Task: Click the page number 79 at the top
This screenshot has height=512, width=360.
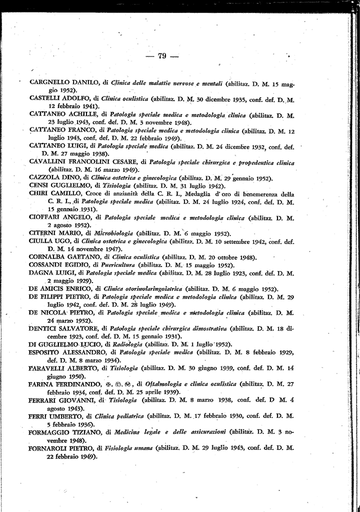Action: tap(161, 56)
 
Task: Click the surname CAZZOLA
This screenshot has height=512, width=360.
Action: tap(44, 178)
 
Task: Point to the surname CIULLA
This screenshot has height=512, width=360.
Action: tap(42, 241)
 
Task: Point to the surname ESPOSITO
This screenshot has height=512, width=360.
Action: tap(47, 352)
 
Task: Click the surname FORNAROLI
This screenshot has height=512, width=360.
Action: tap(51, 448)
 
